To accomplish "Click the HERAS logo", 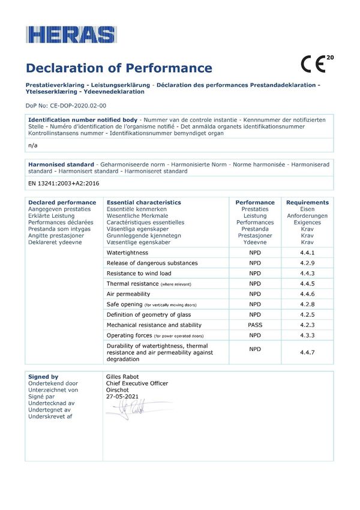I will tap(70, 35).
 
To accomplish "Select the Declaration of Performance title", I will tap(119, 68).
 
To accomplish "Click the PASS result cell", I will tap(255, 325).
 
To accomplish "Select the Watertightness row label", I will tap(127, 253).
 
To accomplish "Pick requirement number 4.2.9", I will tap(307, 263).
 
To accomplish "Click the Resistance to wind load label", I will tap(140, 274).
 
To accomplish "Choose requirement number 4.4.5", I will tap(307, 283).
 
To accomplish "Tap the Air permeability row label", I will tap(128, 294).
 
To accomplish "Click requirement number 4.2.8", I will tap(307, 304).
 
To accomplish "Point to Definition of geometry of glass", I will tap(149, 314).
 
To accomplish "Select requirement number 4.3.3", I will tap(307, 335).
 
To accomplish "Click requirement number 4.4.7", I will tap(307, 353).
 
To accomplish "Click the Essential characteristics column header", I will tap(143, 202).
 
